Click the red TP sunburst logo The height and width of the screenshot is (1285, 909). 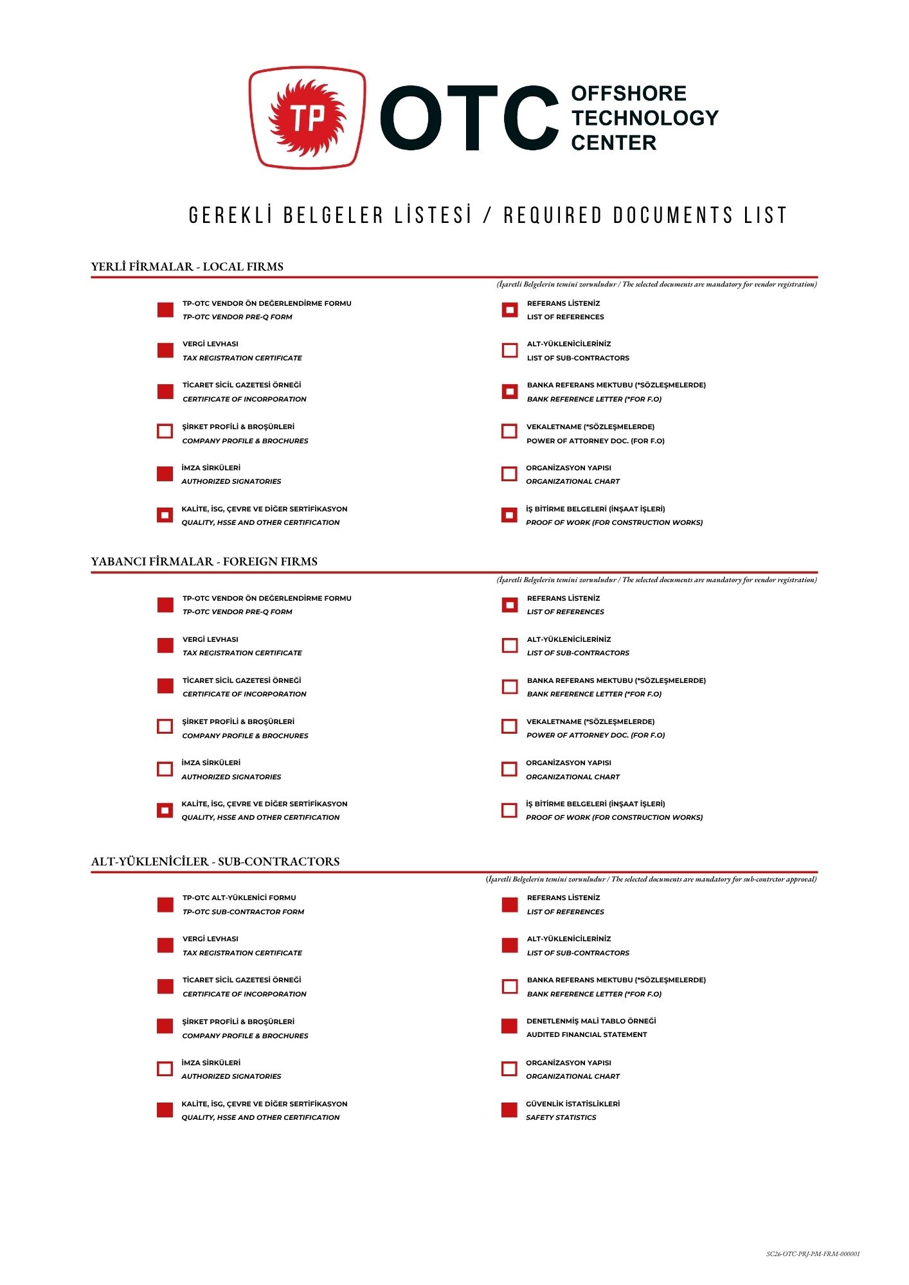[307, 118]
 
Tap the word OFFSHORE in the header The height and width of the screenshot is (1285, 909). [628, 94]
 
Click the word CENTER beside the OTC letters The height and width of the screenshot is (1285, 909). [613, 143]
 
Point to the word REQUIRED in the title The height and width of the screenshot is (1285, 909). [553, 215]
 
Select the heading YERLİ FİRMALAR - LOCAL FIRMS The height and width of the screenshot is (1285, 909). [187, 267]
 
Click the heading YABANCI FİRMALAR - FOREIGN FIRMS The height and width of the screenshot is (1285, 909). [204, 562]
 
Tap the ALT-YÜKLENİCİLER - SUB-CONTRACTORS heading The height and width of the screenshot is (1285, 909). [215, 862]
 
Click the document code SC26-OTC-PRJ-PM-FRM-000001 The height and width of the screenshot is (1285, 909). [813, 1254]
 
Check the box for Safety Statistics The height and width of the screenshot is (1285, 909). [509, 1110]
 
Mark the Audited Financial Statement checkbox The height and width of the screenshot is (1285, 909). [509, 1027]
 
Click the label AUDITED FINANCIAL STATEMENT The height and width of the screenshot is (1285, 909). [586, 1034]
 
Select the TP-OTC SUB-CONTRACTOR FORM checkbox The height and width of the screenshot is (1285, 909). [165, 905]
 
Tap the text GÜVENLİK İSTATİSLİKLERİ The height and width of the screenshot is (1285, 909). [573, 1104]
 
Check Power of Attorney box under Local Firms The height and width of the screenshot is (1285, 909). [509, 431]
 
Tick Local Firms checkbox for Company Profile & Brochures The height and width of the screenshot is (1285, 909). [165, 431]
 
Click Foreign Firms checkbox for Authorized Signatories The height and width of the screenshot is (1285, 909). [165, 769]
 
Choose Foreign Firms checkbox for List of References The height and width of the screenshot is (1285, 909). [509, 605]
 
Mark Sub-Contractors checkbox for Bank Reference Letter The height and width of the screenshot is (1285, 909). [509, 986]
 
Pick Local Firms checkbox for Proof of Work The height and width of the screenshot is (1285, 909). [509, 515]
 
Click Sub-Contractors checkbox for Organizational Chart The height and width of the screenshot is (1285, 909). [509, 1068]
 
